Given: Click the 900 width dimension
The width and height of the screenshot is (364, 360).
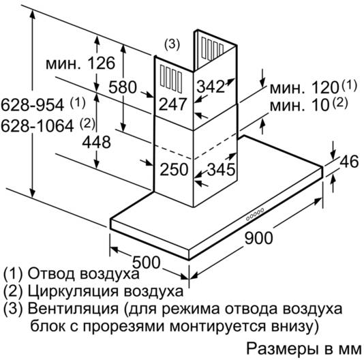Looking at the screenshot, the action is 258,238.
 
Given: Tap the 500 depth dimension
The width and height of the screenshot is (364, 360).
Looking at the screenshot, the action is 147,262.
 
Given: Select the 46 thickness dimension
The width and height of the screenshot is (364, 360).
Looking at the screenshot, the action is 349,162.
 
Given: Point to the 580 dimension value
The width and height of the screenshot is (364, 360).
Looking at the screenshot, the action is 123,87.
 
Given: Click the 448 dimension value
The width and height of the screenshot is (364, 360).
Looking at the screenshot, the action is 96,142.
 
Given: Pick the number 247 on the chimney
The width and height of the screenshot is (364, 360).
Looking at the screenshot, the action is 172,104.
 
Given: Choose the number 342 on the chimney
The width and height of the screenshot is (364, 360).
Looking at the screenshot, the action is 211,87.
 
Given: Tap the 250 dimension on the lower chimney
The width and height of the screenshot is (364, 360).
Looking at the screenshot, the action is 174,169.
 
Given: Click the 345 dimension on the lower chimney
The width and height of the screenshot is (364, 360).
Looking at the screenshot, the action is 221,169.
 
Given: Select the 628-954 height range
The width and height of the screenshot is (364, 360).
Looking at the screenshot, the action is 32,105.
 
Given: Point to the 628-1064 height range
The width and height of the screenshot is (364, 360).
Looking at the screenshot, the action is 37,126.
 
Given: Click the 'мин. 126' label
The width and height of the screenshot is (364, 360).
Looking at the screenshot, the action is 80,63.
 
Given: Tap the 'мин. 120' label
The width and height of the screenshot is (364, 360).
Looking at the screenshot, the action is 305,87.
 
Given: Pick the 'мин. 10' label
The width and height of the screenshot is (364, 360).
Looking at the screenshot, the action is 300,105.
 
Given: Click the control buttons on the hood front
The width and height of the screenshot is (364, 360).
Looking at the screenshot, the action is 255,215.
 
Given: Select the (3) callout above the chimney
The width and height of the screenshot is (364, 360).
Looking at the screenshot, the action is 172,44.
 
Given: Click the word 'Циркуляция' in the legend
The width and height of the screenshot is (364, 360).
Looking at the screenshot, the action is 74,292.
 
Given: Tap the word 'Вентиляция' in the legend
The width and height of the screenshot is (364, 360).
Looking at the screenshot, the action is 73,309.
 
